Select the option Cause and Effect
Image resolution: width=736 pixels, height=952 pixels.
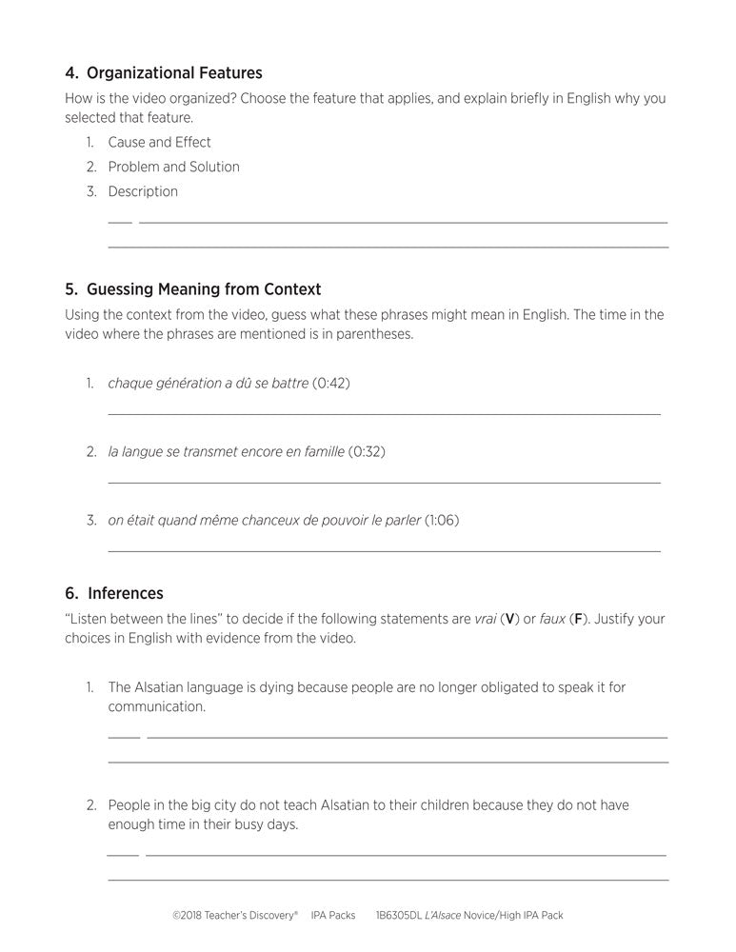pyautogui.click(x=159, y=142)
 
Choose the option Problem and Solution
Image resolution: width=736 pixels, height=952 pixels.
pyautogui.click(x=173, y=167)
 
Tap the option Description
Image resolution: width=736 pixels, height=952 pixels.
pyautogui.click(x=143, y=191)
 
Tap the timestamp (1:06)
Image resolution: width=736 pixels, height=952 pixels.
pyautogui.click(x=441, y=520)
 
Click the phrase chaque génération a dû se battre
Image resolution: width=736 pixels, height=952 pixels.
pyautogui.click(x=208, y=383)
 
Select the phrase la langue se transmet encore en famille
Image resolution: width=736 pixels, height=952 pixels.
pyautogui.click(x=226, y=451)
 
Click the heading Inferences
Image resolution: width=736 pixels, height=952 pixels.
pyautogui.click(x=126, y=593)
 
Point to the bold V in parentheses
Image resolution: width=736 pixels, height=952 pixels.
pyautogui.click(x=510, y=619)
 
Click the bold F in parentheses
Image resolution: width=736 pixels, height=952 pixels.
pyautogui.click(x=576, y=619)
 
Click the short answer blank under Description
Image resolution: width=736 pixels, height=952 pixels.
pyautogui.click(x=120, y=222)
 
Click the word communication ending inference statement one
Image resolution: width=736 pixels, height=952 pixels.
pyautogui.click(x=156, y=707)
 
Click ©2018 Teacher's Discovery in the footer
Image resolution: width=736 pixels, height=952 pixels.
pyautogui.click(x=235, y=915)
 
